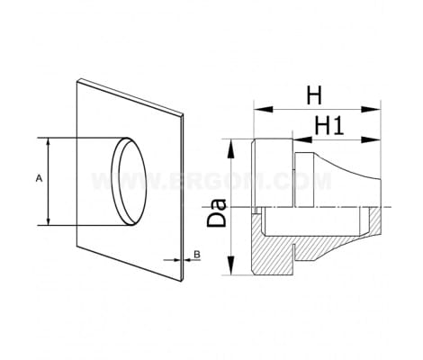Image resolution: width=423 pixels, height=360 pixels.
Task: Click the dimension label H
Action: [x=314, y=95]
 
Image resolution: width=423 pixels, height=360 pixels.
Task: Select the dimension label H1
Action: [x=328, y=126]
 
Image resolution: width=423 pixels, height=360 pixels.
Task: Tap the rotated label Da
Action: [x=217, y=212]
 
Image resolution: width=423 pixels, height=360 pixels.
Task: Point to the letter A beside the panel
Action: [x=39, y=178]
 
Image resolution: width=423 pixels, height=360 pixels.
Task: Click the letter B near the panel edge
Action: [x=197, y=255]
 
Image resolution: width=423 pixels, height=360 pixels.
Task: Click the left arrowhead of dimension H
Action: [x=263, y=109]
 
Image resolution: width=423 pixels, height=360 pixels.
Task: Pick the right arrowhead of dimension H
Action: [x=371, y=109]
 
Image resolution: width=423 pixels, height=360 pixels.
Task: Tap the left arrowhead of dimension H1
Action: [x=302, y=139]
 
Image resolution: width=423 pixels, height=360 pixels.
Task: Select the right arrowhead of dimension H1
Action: [x=371, y=139]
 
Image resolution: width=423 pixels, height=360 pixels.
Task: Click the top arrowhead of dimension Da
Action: [x=230, y=148]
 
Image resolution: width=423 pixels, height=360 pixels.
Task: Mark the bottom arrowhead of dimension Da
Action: [x=230, y=265]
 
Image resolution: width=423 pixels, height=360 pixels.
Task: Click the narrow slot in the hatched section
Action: [x=294, y=252]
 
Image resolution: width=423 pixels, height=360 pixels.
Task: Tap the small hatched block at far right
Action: [x=375, y=221]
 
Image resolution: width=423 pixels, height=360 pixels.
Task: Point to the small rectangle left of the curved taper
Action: [x=304, y=180]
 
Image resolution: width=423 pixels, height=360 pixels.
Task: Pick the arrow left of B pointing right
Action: [x=172, y=260]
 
